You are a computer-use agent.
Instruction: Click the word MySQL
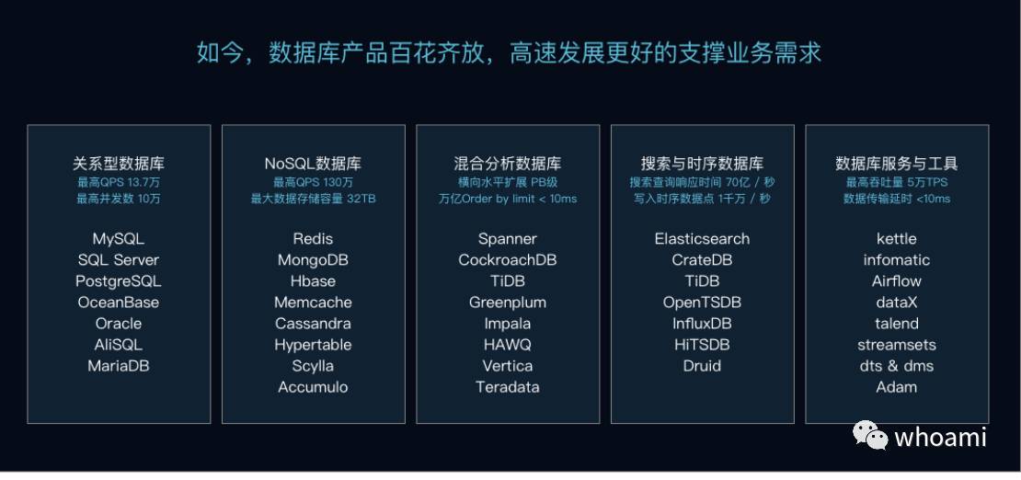coord(119,239)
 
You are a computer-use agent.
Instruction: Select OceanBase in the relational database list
coord(119,303)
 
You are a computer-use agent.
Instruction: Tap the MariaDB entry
coord(119,366)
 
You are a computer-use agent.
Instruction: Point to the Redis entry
coord(314,239)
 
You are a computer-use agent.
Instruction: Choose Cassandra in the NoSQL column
coord(314,324)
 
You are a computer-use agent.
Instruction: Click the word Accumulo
coord(314,387)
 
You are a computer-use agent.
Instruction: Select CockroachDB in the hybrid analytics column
coord(508,260)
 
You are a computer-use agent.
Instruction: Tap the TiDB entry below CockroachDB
coord(508,281)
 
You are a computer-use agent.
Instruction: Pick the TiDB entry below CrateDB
coord(702,281)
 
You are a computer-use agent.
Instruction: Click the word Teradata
coord(508,387)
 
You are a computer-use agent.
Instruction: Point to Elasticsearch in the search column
coord(702,239)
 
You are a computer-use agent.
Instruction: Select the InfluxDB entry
coord(702,324)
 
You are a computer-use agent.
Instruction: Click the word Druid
coord(702,366)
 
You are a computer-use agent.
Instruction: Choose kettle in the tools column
coord(897,239)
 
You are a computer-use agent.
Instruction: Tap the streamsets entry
coord(897,345)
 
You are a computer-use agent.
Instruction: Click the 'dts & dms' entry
coord(897,366)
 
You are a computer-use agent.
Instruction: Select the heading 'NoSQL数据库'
coord(314,164)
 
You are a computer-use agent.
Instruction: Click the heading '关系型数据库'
coord(119,164)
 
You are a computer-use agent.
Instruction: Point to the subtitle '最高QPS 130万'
coord(314,182)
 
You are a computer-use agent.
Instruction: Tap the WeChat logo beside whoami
coord(870,434)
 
